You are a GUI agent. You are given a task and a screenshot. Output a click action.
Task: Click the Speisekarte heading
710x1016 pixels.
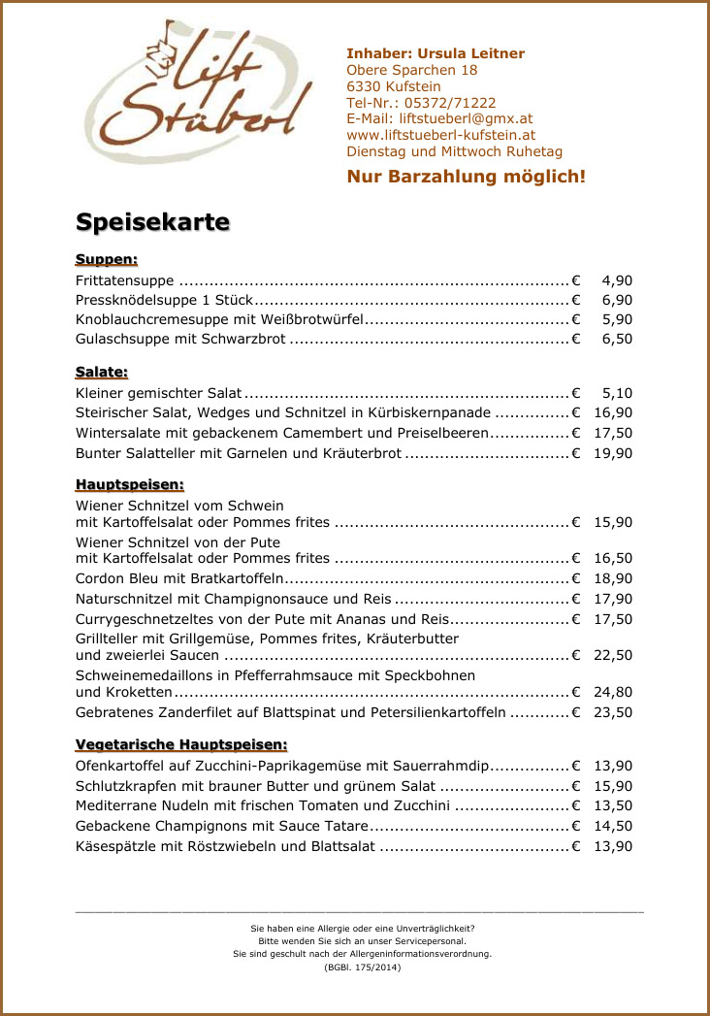pos(152,222)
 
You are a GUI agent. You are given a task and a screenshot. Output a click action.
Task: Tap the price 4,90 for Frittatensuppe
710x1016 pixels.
pos(617,280)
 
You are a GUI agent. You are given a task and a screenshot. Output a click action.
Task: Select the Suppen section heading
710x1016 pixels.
pos(107,259)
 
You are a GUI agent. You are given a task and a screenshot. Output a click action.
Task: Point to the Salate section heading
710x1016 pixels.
pos(102,372)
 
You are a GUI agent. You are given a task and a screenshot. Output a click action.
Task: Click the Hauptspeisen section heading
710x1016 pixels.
pos(130,484)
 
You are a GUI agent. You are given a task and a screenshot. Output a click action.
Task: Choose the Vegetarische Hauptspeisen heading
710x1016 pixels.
pos(181,744)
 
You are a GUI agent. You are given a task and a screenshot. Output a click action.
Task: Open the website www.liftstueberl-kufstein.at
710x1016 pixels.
pos(440,136)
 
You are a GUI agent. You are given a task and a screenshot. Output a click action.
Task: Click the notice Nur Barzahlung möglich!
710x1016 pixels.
pos(466,177)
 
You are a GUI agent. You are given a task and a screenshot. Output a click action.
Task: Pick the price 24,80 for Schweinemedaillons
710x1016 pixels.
pos(613,692)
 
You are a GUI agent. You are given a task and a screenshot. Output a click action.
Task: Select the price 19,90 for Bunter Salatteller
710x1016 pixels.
pos(613,453)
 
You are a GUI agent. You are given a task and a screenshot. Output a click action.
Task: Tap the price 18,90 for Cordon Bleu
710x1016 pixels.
pos(613,578)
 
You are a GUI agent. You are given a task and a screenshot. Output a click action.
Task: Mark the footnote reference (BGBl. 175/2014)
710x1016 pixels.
pos(362,967)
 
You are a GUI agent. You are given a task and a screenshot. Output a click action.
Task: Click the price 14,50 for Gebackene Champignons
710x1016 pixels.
pos(613,826)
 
